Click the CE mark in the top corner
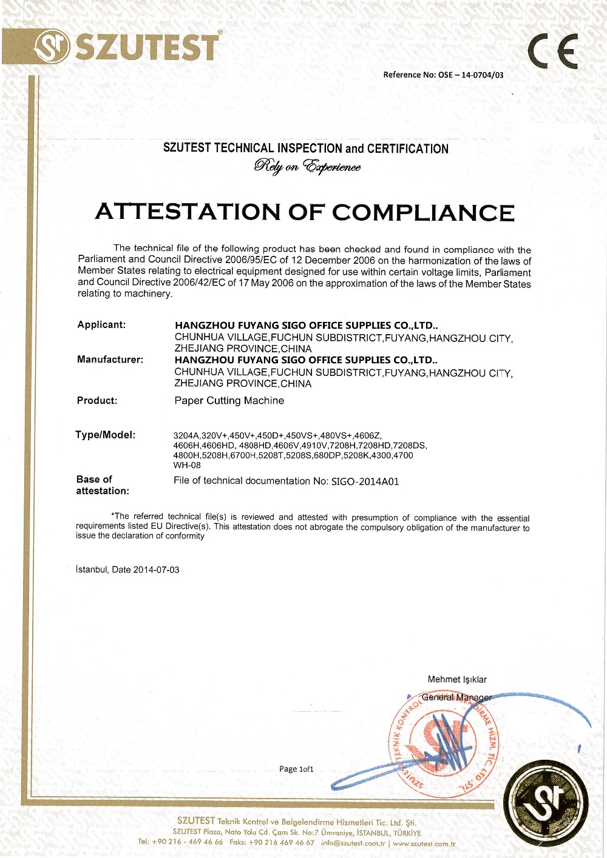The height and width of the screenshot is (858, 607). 552,52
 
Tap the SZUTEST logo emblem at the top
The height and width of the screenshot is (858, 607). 52,48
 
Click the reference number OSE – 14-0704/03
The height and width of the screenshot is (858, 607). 470,75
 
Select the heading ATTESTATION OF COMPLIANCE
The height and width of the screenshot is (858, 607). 305,212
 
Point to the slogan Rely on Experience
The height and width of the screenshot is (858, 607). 307,166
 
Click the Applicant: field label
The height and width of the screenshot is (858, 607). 101,325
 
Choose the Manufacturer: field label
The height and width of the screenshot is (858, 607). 110,360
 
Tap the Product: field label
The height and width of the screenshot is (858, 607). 97,401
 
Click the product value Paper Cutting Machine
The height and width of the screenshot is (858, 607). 229,401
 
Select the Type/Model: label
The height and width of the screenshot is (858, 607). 105,435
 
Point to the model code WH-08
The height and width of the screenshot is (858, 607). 187,466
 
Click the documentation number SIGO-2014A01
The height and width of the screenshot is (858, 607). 365,481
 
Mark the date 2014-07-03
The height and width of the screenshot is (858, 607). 156,570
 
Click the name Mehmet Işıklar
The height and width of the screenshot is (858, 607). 457,680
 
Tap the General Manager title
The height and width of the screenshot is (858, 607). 456,697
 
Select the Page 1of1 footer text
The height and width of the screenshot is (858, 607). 296,769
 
